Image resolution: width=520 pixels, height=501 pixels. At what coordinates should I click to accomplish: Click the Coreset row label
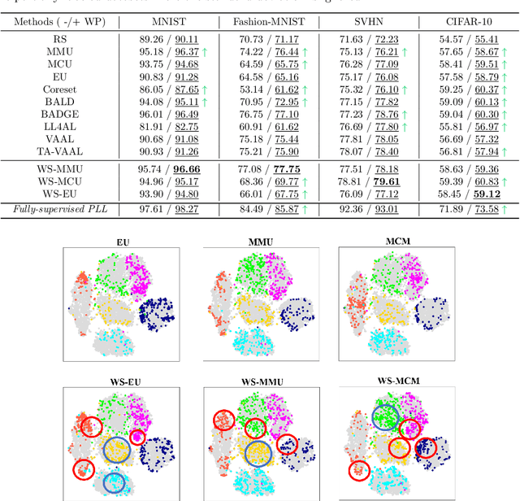[x=60, y=89]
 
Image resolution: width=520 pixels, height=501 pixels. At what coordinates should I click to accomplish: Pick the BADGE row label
[x=60, y=115]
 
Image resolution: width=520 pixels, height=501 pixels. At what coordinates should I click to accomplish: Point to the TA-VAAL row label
[x=60, y=152]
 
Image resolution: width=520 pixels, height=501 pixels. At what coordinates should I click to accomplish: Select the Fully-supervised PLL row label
[x=60, y=210]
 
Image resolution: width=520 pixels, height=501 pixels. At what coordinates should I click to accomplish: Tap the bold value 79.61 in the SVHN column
[x=385, y=182]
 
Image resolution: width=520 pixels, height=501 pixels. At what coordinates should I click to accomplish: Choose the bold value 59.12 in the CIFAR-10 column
[x=485, y=195]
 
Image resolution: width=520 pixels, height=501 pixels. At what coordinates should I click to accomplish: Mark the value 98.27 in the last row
[x=186, y=210]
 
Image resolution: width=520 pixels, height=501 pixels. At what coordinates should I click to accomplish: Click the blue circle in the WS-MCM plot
[x=386, y=418]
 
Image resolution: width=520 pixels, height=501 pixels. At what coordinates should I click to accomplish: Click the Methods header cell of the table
[x=60, y=18]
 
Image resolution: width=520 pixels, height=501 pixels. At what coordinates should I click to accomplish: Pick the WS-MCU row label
[x=60, y=182]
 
